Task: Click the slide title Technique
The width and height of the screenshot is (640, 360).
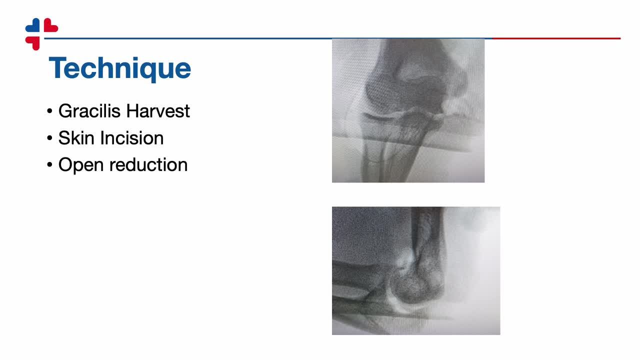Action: click(x=119, y=68)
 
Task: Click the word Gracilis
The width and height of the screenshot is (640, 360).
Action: click(x=89, y=111)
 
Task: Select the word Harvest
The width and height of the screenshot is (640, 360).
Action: click(x=158, y=111)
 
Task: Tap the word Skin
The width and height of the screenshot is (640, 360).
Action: click(x=76, y=138)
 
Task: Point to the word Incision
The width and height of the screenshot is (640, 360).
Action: click(x=132, y=138)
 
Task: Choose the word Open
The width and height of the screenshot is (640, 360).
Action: click(x=81, y=165)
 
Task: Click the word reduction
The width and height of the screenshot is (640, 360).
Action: click(x=148, y=164)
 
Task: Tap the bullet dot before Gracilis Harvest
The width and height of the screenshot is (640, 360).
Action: click(x=49, y=111)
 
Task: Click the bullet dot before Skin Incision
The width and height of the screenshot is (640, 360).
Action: click(x=49, y=138)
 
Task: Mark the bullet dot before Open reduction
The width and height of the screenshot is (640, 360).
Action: click(x=49, y=165)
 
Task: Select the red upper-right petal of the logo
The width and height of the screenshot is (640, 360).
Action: click(x=50, y=25)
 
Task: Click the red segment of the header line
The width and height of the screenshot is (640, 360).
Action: click(x=556, y=38)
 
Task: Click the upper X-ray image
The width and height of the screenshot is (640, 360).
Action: click(x=408, y=110)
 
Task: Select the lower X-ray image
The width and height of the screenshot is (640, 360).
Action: click(x=416, y=270)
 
